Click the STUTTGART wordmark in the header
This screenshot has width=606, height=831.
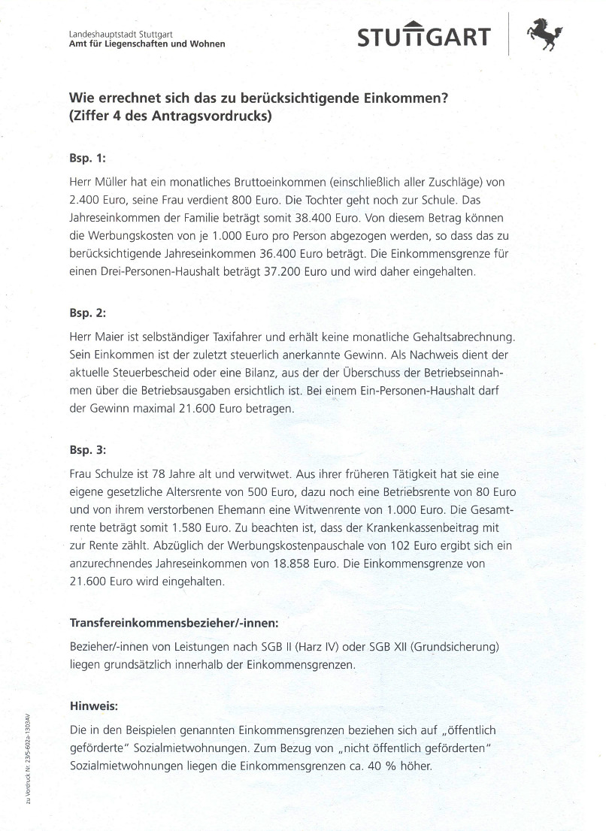424,37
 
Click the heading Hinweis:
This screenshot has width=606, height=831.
94,706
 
